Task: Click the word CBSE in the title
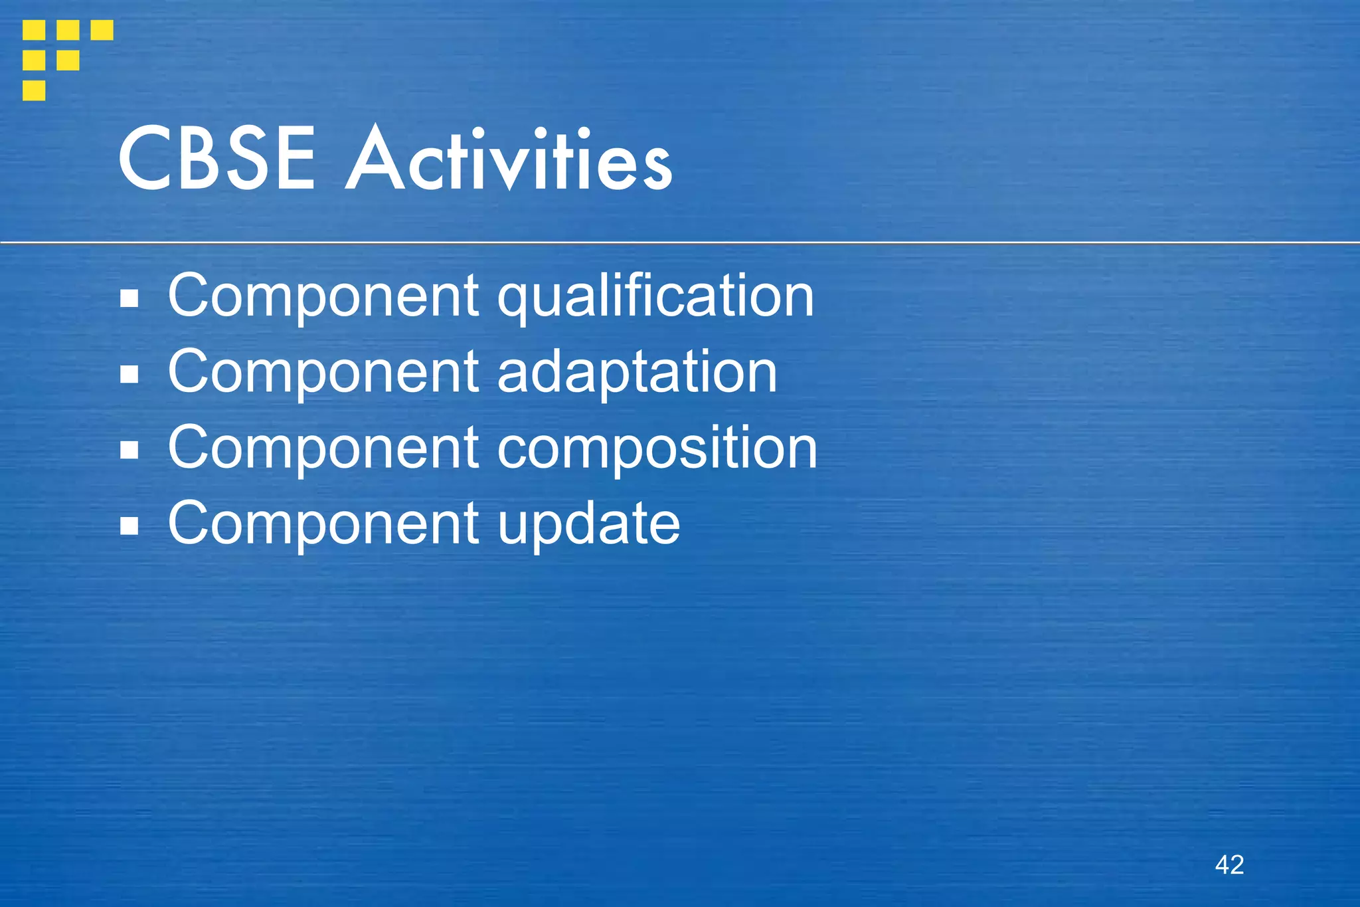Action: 216,159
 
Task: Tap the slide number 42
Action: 1229,864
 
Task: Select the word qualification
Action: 655,296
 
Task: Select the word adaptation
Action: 637,372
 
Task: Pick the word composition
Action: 657,449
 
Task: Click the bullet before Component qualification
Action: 129,299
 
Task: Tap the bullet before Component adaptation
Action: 129,375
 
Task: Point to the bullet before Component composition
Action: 129,451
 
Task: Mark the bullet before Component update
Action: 129,527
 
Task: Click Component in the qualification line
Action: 323,296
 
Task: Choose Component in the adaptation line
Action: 323,372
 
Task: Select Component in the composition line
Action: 323,449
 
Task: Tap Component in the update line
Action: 323,524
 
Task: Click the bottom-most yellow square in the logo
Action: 34,90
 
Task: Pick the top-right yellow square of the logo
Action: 102,30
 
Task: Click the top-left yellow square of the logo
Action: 34,30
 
